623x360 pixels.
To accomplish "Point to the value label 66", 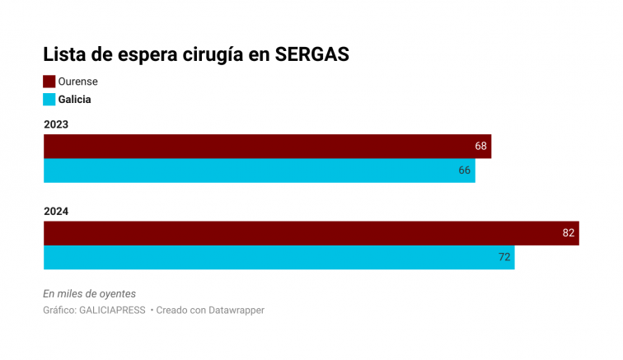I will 465,171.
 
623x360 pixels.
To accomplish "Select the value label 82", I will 569,233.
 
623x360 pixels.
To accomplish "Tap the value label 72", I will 504,257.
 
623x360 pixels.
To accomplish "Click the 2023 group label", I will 55,124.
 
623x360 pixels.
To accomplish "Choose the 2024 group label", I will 55,211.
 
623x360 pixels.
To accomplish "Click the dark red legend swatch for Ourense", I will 49,82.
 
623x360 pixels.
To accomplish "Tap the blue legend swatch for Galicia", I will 49,99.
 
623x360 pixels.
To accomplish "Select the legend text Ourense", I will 77,82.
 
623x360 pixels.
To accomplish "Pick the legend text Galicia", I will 75,99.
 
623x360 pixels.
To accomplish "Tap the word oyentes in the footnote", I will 115,293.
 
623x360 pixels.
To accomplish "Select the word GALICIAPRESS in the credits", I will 112,311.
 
